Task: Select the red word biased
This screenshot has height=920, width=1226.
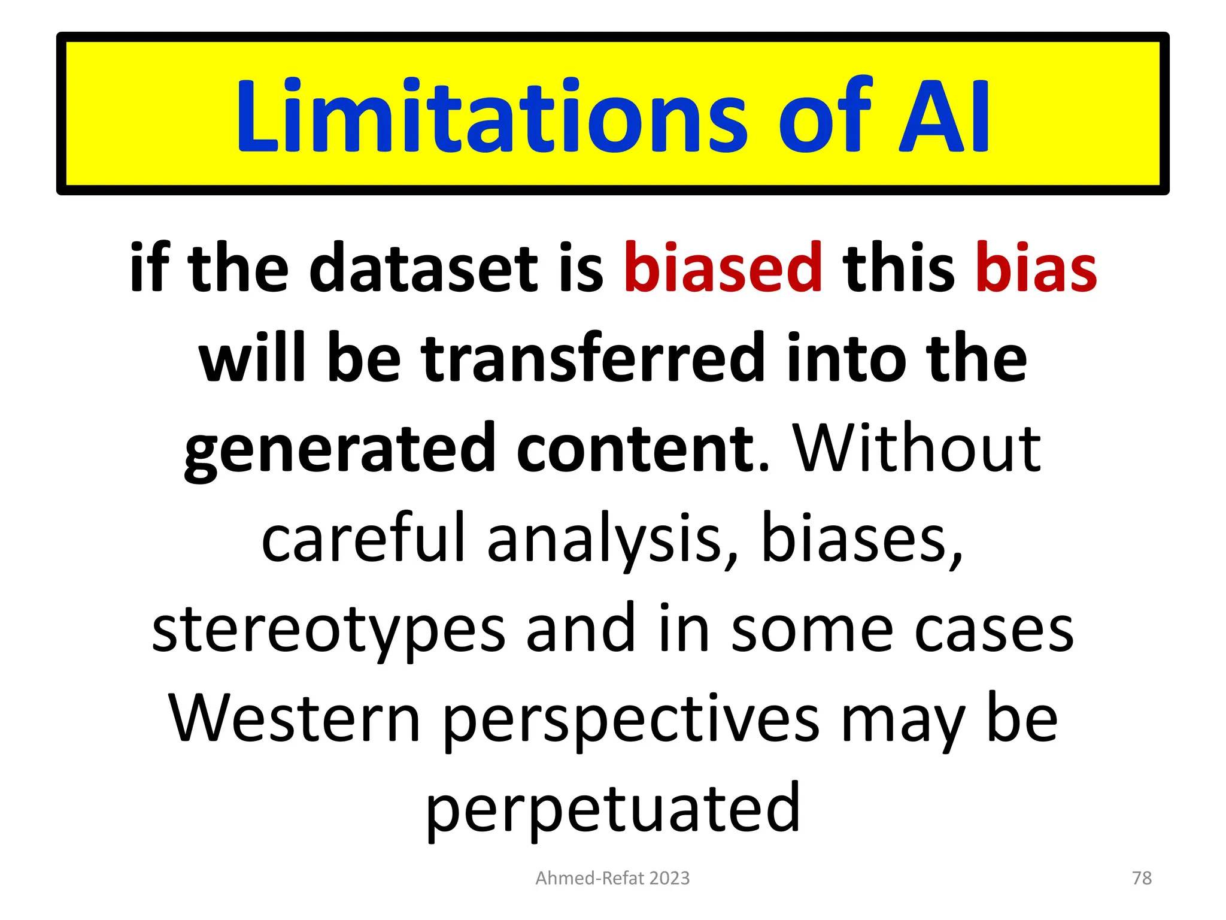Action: [x=723, y=268]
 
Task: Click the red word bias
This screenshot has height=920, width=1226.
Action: [x=1036, y=268]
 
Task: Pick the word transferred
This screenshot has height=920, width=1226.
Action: [x=593, y=358]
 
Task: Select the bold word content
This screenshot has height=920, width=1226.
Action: [x=634, y=448]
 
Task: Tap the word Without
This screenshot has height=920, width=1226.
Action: [x=917, y=448]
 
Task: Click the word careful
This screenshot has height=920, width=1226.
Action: [x=363, y=538]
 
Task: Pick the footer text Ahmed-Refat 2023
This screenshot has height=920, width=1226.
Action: [x=612, y=878]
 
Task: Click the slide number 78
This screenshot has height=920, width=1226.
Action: [x=1142, y=878]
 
